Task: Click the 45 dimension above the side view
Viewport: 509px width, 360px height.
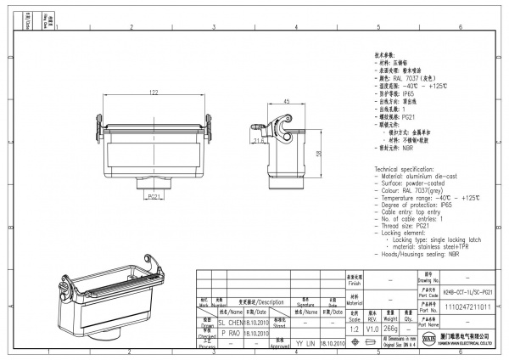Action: [287, 101]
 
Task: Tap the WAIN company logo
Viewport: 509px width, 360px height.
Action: [426, 341]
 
